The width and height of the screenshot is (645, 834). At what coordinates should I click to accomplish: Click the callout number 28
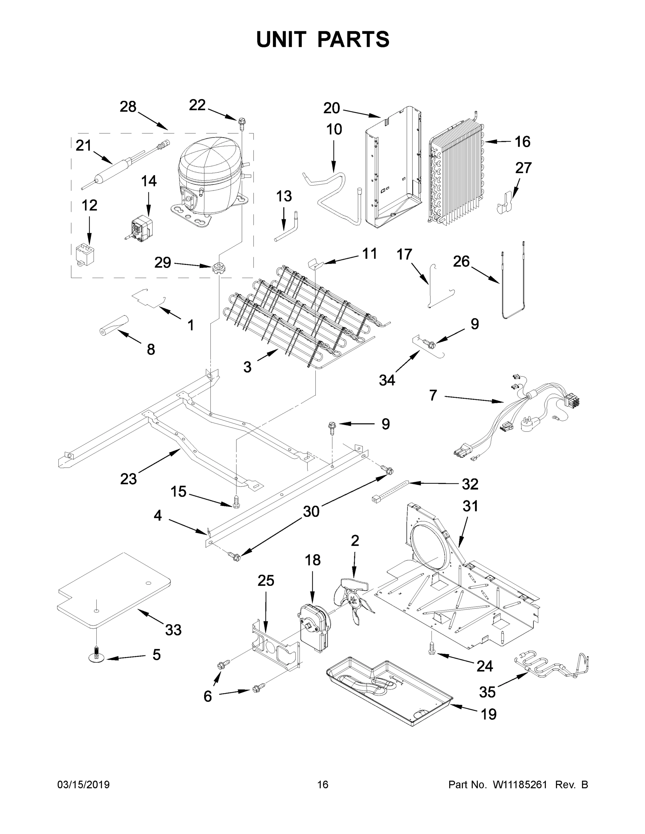(x=128, y=107)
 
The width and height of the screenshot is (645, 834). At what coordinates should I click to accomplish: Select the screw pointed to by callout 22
(x=241, y=122)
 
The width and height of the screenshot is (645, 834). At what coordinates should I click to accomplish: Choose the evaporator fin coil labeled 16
(x=455, y=172)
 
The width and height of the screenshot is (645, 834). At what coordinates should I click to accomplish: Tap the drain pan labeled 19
(x=386, y=691)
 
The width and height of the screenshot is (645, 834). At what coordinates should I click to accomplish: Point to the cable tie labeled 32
(x=390, y=491)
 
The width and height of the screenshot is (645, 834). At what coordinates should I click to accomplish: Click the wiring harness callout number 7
(x=433, y=395)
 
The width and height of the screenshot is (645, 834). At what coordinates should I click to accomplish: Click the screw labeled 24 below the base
(x=432, y=649)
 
